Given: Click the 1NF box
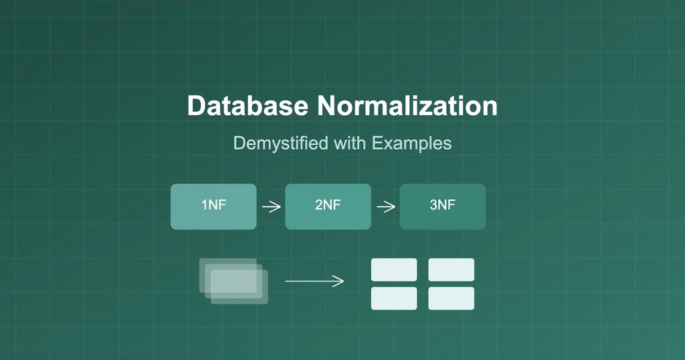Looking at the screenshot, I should click(213, 206).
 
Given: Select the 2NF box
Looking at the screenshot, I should click(328, 206).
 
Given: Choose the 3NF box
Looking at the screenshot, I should click(442, 206).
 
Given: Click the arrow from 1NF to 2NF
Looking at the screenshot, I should click(271, 207).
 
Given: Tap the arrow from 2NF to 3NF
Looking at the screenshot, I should click(386, 207).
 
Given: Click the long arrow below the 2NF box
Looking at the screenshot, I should click(314, 282).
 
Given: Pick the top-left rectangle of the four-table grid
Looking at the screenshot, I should click(394, 270).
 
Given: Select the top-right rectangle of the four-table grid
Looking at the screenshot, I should click(451, 270).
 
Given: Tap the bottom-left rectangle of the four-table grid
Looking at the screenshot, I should click(394, 298).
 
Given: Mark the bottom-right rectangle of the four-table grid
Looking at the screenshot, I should click(451, 298).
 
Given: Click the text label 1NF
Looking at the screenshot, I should click(213, 205).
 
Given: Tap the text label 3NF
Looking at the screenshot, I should click(442, 205).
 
